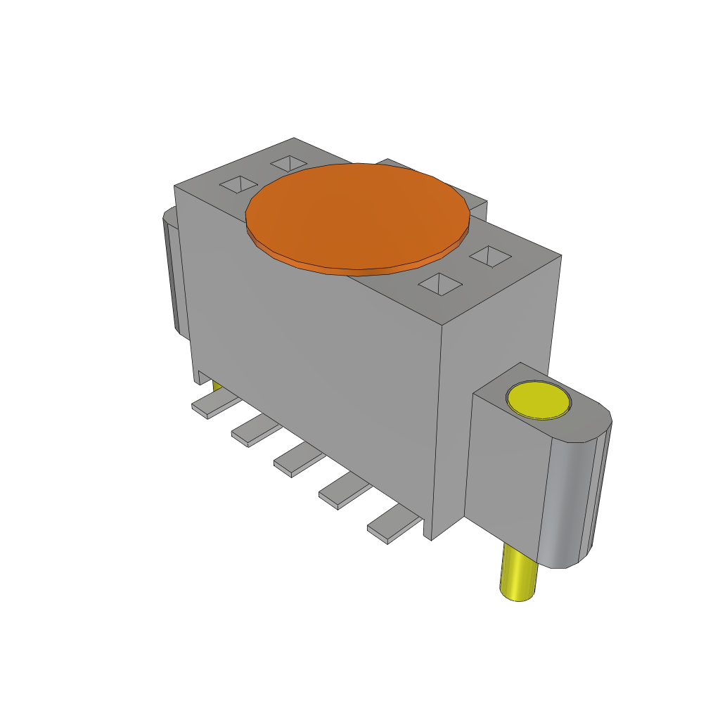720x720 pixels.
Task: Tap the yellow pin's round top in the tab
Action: [x=538, y=400]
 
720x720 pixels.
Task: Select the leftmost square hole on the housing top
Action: [x=239, y=185]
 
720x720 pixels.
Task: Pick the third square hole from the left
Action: [x=439, y=285]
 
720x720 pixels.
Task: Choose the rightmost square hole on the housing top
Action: [x=489, y=256]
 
